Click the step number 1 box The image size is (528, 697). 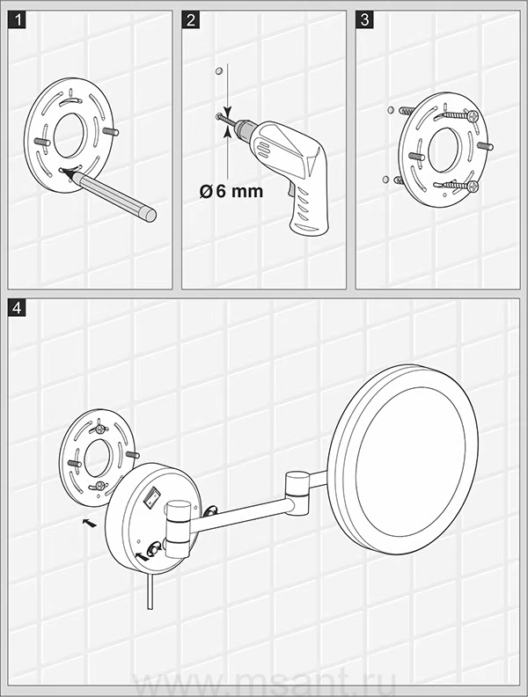17,19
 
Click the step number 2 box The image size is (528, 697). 191,19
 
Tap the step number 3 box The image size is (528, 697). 364,19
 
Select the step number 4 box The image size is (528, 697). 17,308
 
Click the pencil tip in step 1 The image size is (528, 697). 65,172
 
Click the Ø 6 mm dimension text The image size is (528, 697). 231,192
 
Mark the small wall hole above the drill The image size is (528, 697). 218,71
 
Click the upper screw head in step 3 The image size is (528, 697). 473,116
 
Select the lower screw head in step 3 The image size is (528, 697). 473,187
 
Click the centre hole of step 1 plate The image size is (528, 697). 70,136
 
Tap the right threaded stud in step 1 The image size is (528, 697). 111,132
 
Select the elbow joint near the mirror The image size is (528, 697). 297,488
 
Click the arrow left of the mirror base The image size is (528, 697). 90,523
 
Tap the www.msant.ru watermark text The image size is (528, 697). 263,681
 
